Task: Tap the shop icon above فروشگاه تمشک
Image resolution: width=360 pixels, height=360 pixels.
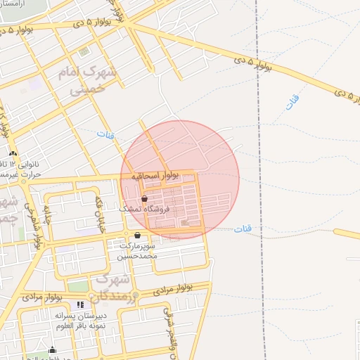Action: [x=145, y=199]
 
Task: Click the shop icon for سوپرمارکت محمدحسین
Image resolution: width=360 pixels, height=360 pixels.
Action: [x=136, y=236]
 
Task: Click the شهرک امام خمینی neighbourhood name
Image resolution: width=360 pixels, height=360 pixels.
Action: [x=96, y=81]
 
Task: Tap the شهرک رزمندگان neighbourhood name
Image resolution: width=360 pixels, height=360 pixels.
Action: [x=112, y=287]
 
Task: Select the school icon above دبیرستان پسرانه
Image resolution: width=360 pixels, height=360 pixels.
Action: [x=80, y=304]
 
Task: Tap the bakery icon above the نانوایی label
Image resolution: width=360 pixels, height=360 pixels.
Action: [x=13, y=153]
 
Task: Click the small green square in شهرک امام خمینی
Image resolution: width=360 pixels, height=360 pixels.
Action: [x=84, y=52]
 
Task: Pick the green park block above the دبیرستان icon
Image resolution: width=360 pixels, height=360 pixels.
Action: [x=79, y=287]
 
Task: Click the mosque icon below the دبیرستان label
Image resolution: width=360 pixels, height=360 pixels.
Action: [x=51, y=350]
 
